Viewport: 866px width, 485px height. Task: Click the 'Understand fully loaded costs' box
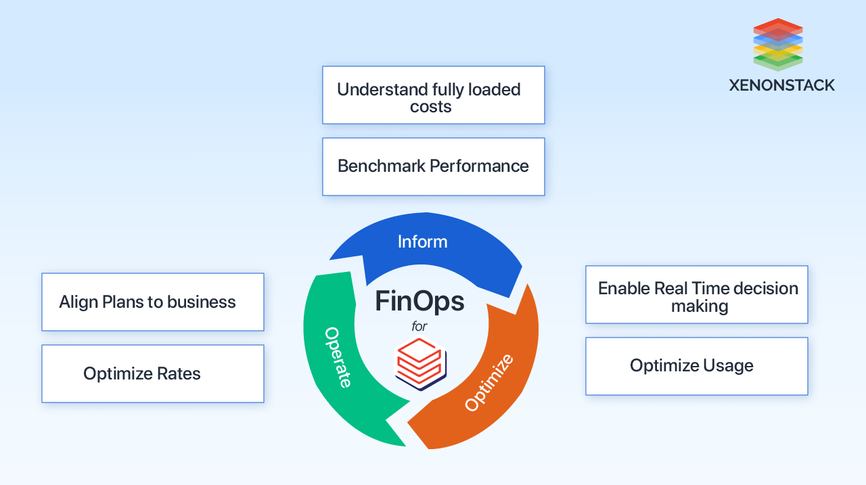coord(433,95)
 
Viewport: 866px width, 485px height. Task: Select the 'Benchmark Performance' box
coord(433,166)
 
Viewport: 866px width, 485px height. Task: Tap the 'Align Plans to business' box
coord(152,302)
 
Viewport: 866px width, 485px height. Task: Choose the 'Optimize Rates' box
coord(152,373)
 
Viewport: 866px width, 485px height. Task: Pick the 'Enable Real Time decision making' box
coord(696,294)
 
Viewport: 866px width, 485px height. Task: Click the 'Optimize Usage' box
coord(696,366)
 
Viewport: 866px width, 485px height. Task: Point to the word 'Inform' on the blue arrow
coord(422,241)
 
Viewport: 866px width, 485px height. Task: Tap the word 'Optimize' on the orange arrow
coord(489,382)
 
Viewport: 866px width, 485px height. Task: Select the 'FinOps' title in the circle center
coord(419,301)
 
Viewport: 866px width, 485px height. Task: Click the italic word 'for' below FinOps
coord(419,327)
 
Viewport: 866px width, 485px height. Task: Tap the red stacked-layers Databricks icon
coord(419,362)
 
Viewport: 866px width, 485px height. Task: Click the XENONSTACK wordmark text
coord(781,85)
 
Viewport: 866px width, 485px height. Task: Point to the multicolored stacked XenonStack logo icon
coord(777,45)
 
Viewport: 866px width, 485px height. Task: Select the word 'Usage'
coord(727,366)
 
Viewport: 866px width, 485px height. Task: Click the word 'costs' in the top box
coord(431,107)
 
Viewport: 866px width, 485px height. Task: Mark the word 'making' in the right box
coord(700,306)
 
